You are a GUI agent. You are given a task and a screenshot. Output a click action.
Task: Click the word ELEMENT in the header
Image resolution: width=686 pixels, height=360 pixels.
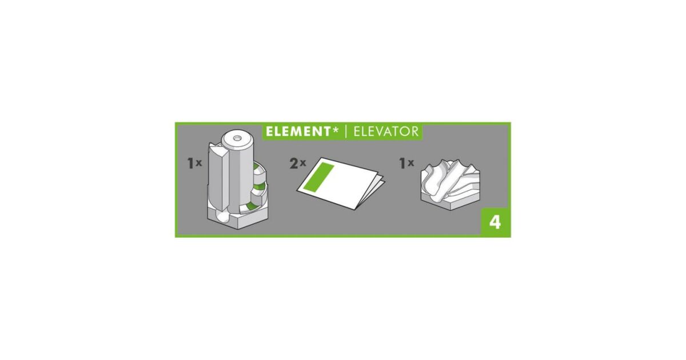pyautogui.click(x=297, y=131)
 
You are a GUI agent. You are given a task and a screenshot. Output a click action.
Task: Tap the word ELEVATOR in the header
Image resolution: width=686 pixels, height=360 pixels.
pyautogui.click(x=386, y=131)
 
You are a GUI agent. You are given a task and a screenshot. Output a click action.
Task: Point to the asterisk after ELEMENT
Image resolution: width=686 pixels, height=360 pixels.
pyautogui.click(x=335, y=130)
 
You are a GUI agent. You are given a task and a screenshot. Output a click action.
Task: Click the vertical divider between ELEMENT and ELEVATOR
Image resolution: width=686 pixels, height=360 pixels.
pyautogui.click(x=346, y=131)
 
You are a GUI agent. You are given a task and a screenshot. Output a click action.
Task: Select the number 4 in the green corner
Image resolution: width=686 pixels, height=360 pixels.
pyautogui.click(x=495, y=222)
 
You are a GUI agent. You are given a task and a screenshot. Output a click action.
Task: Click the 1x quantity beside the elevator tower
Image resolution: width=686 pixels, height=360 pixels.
pyautogui.click(x=194, y=163)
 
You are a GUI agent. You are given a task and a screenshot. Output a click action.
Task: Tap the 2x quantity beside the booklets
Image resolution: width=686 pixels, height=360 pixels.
pyautogui.click(x=298, y=163)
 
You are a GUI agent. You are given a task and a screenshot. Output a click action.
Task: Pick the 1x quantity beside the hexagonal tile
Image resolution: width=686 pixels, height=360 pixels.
pyautogui.click(x=406, y=163)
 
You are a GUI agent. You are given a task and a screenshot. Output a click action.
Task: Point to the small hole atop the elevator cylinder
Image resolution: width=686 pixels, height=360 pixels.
pyautogui.click(x=237, y=138)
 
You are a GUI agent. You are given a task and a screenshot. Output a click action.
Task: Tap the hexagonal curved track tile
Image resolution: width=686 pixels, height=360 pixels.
pyautogui.click(x=450, y=184)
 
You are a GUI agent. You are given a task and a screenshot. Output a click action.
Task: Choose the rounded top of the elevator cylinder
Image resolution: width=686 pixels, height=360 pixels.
pyautogui.click(x=237, y=139)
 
